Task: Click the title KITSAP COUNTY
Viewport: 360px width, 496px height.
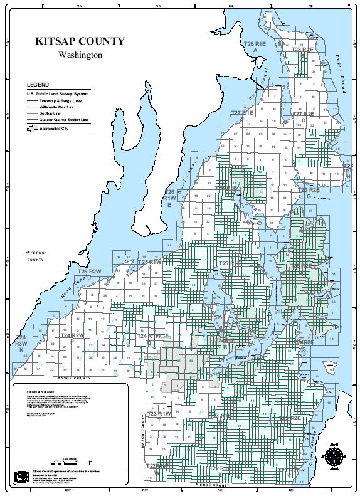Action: tap(80, 41)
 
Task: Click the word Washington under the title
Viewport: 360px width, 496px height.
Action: tap(80, 55)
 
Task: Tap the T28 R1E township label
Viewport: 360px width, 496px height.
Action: tap(255, 46)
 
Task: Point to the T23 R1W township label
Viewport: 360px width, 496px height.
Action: tap(159, 414)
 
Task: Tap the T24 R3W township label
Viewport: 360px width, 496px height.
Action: tap(21, 340)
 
